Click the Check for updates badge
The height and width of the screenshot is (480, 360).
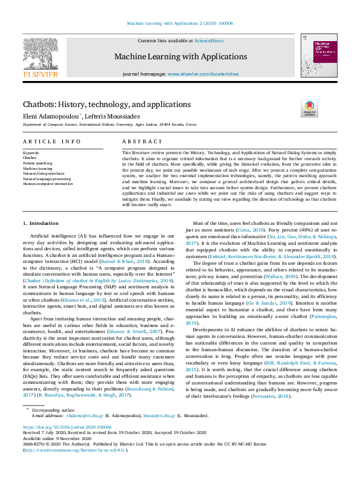309,109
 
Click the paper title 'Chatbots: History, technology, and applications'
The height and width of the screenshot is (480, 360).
106,105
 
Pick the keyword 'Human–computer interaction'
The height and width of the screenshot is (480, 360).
48,183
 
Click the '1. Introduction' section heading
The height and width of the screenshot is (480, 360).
41,224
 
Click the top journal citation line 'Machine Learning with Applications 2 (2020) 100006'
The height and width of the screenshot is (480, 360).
180,23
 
